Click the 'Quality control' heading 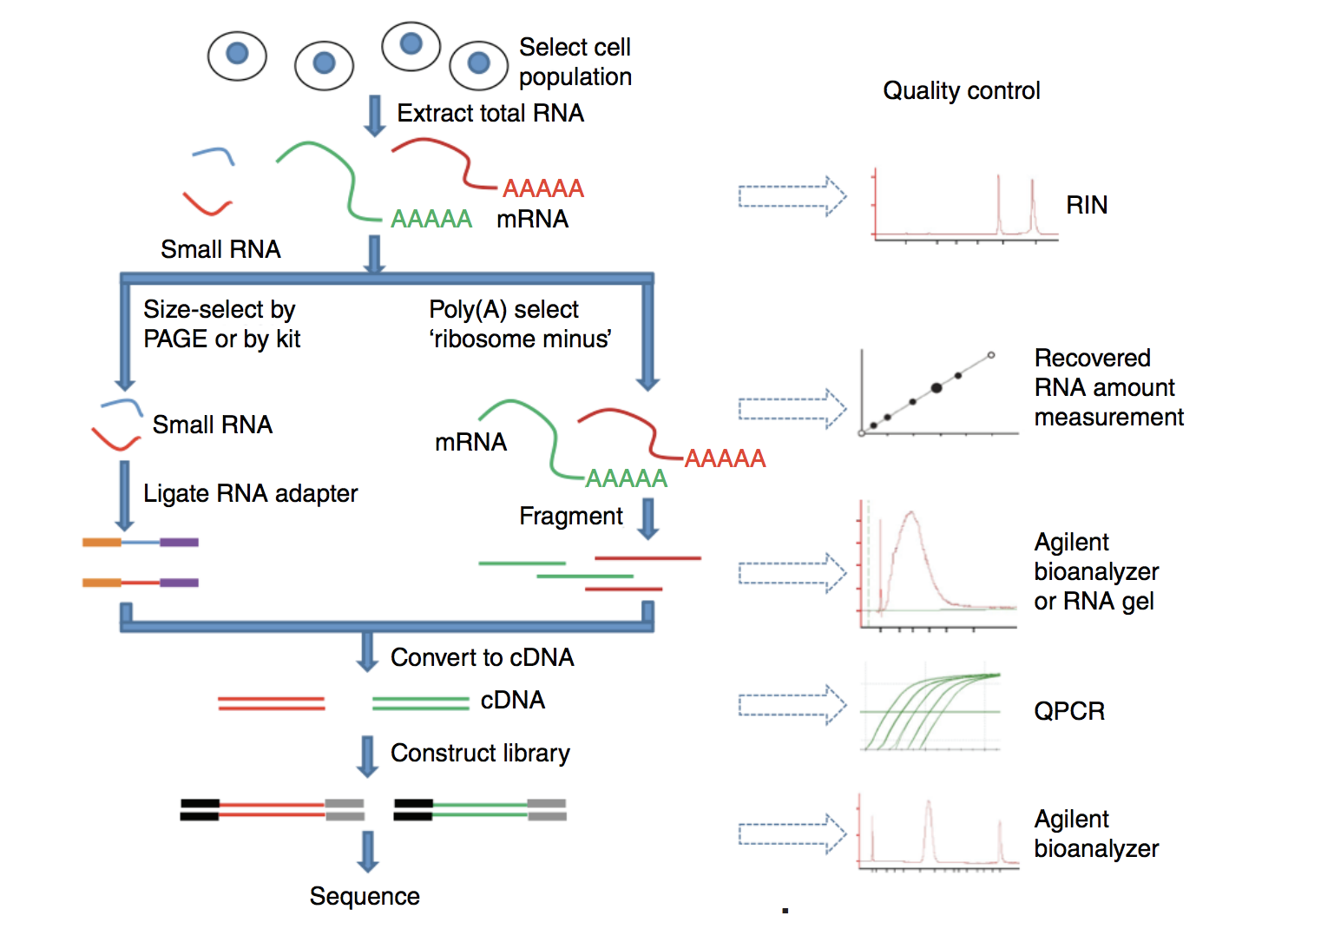[961, 90]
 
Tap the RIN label [1087, 205]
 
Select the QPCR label [1069, 711]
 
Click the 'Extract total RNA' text [490, 113]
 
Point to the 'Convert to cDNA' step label [482, 657]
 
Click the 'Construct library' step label [480, 753]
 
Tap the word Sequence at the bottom [365, 896]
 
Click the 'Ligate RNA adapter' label [250, 493]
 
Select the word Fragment [570, 516]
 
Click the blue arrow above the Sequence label [368, 851]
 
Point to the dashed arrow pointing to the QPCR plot [792, 705]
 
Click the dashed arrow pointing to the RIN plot [792, 196]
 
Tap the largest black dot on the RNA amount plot [937, 388]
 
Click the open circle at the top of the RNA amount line [991, 355]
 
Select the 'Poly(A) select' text [503, 309]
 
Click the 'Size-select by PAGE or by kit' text [221, 324]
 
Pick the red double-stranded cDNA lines [271, 703]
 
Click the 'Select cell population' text [575, 62]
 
